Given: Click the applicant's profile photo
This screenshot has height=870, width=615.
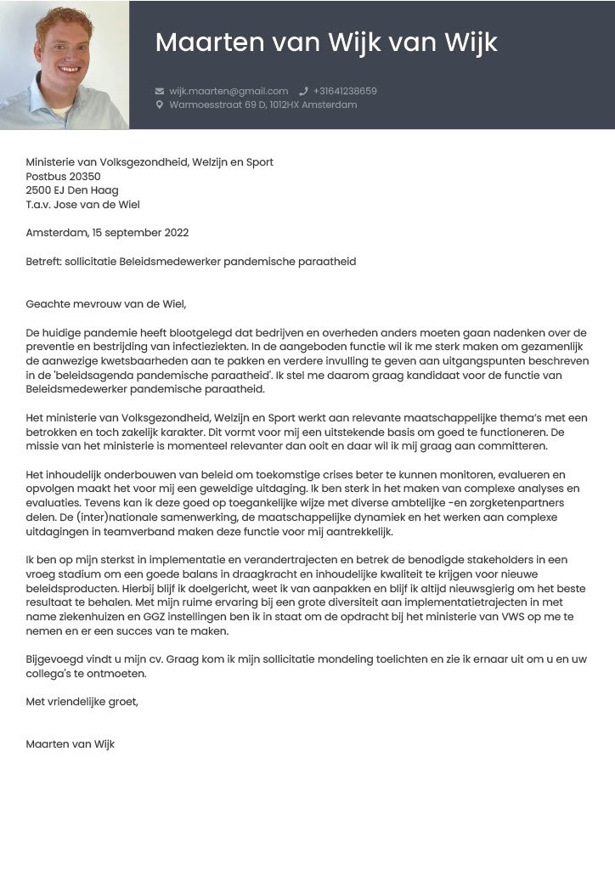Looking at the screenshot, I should click(65, 65).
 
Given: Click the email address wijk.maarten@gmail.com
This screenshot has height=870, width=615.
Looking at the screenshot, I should click(229, 91).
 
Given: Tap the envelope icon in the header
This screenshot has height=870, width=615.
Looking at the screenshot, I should click(159, 91).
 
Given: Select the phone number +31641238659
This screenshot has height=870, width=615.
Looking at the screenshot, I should click(345, 91).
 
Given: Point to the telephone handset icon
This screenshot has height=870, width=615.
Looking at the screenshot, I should click(303, 91).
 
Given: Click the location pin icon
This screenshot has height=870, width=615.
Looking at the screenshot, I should click(159, 105).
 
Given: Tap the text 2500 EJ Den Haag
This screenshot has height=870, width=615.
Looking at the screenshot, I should click(72, 190).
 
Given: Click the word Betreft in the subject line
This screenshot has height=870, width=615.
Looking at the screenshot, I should click(44, 262).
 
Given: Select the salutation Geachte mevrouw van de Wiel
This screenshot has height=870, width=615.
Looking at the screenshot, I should click(105, 304).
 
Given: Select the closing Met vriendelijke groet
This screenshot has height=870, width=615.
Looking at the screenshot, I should click(82, 702).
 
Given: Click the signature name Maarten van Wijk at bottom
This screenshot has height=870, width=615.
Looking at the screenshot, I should click(71, 744).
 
